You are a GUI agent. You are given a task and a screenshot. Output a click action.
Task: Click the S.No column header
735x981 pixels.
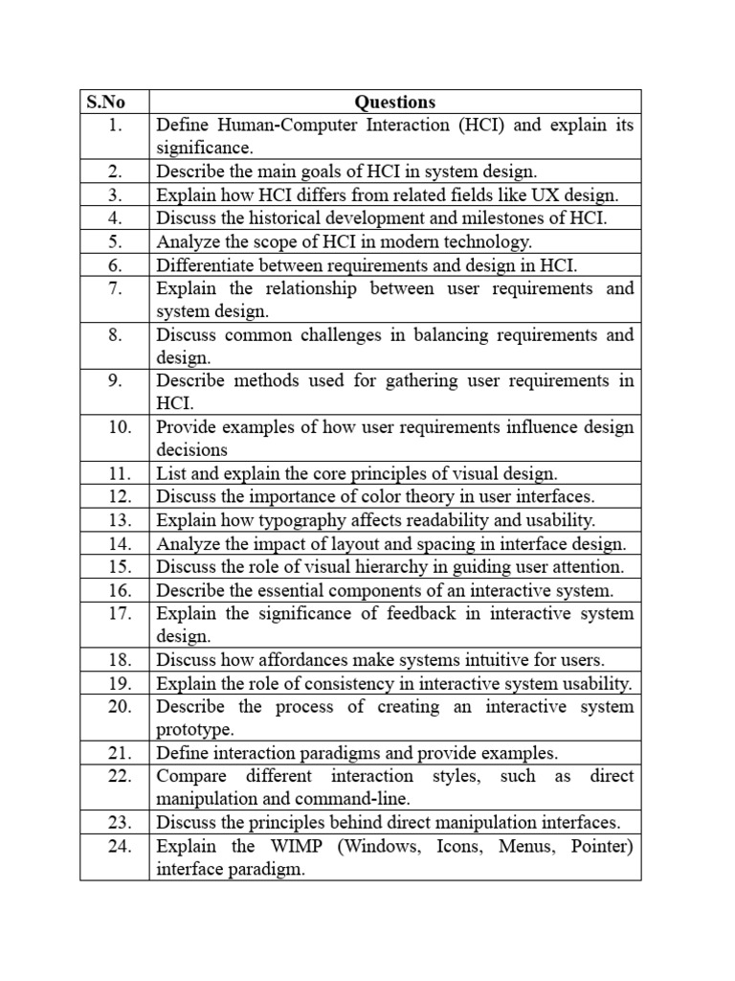105,102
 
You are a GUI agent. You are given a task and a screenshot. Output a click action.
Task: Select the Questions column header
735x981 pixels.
394,102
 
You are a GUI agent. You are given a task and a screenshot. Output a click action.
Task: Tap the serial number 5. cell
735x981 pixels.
115,241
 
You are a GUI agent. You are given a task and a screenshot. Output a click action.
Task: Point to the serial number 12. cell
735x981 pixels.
119,496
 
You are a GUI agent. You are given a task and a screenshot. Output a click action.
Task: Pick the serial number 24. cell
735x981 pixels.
119,846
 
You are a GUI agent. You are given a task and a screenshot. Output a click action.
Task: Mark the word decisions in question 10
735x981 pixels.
192,450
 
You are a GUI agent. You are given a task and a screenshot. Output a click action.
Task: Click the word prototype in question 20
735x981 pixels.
194,730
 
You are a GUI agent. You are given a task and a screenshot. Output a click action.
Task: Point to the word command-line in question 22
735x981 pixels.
356,799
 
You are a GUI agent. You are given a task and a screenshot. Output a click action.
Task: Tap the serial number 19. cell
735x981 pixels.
119,683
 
